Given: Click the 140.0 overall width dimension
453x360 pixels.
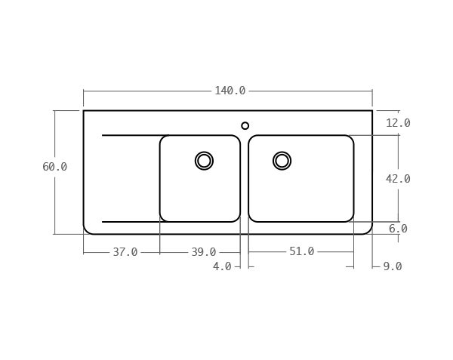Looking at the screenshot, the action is [230, 91].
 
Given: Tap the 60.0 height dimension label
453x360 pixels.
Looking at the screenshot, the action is [54, 167].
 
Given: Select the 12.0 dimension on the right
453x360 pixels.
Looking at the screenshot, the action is [398, 123].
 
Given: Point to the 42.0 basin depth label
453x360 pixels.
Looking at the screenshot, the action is [398, 179].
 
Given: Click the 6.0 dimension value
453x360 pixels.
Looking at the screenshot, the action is [398, 229].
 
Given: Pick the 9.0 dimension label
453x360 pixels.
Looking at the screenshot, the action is [393, 266].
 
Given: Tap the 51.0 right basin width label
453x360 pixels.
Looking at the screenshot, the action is [301, 251].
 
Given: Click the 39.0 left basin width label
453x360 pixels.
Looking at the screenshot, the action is [204, 252].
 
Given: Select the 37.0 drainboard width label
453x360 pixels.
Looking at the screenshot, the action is [125, 252].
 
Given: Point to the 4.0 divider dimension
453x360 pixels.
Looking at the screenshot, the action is [222, 266].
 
